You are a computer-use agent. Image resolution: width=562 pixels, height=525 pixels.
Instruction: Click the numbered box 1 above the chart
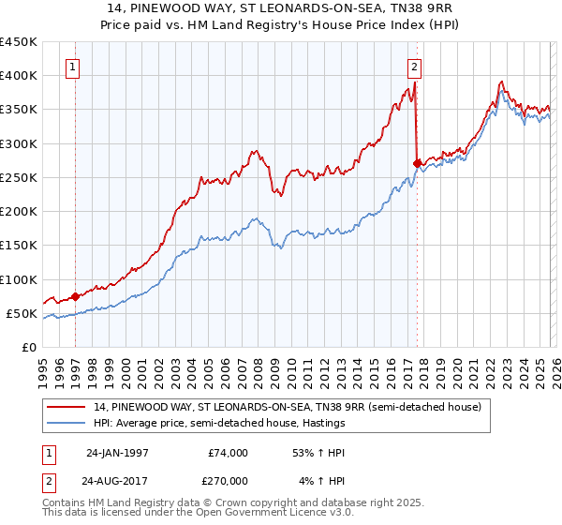[x=73, y=67]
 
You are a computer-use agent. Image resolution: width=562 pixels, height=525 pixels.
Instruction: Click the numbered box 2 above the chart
[x=414, y=67]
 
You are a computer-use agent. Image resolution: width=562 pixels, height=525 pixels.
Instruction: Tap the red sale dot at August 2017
[x=417, y=163]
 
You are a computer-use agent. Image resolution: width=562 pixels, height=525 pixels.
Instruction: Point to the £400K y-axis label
[x=19, y=76]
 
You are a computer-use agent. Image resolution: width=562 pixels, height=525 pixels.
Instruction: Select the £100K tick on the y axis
[x=19, y=279]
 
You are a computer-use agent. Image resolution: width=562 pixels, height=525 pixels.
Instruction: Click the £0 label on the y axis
[x=28, y=348]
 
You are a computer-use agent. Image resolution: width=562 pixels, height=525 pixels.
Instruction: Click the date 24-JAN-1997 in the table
[x=113, y=453]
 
